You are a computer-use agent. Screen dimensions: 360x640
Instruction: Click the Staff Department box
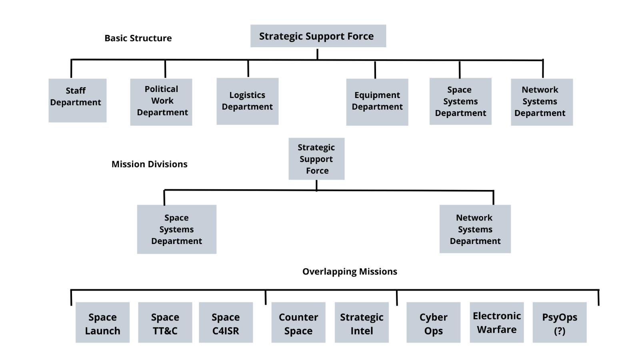(77, 100)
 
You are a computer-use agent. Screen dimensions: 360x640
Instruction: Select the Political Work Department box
(161, 102)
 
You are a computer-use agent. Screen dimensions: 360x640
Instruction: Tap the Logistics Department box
(247, 101)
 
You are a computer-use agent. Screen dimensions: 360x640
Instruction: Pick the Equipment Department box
(377, 102)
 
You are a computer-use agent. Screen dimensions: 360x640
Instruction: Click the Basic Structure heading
(138, 38)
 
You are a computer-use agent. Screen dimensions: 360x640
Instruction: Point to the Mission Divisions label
(149, 164)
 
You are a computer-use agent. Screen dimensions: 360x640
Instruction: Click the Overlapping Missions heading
(350, 272)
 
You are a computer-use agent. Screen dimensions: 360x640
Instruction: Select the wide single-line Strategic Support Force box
(318, 36)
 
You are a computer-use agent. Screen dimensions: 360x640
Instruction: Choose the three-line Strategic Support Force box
(316, 159)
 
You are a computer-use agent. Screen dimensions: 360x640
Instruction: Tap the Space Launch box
(102, 322)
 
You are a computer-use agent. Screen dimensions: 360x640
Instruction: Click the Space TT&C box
(165, 322)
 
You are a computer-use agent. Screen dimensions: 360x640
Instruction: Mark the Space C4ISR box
(226, 322)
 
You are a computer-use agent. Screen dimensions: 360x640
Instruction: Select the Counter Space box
(298, 322)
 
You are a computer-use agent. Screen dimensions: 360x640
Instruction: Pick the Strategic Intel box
(362, 322)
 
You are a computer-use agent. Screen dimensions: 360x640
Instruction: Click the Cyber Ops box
(433, 322)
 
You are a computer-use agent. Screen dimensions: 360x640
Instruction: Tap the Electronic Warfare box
(496, 322)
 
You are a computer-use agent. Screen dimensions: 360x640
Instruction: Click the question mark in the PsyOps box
(560, 331)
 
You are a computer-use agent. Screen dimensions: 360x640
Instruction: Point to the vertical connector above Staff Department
(71, 69)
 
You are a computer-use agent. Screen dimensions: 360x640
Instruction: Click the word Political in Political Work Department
(161, 89)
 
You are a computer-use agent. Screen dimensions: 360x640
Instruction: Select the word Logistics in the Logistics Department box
(247, 95)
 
